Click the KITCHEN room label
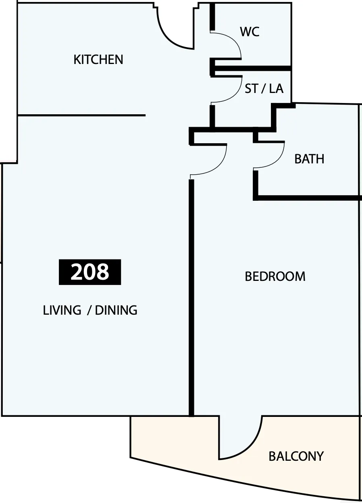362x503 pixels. (98, 60)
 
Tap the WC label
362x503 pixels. (250, 32)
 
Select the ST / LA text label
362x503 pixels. (264, 89)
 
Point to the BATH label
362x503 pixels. (309, 159)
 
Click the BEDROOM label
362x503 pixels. (275, 276)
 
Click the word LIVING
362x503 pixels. (62, 310)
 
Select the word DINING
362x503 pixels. (116, 310)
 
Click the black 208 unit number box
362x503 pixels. (90, 272)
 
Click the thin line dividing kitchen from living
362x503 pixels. (81, 115)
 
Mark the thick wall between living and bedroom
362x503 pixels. (191, 298)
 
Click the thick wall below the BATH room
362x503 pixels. (307, 198)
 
